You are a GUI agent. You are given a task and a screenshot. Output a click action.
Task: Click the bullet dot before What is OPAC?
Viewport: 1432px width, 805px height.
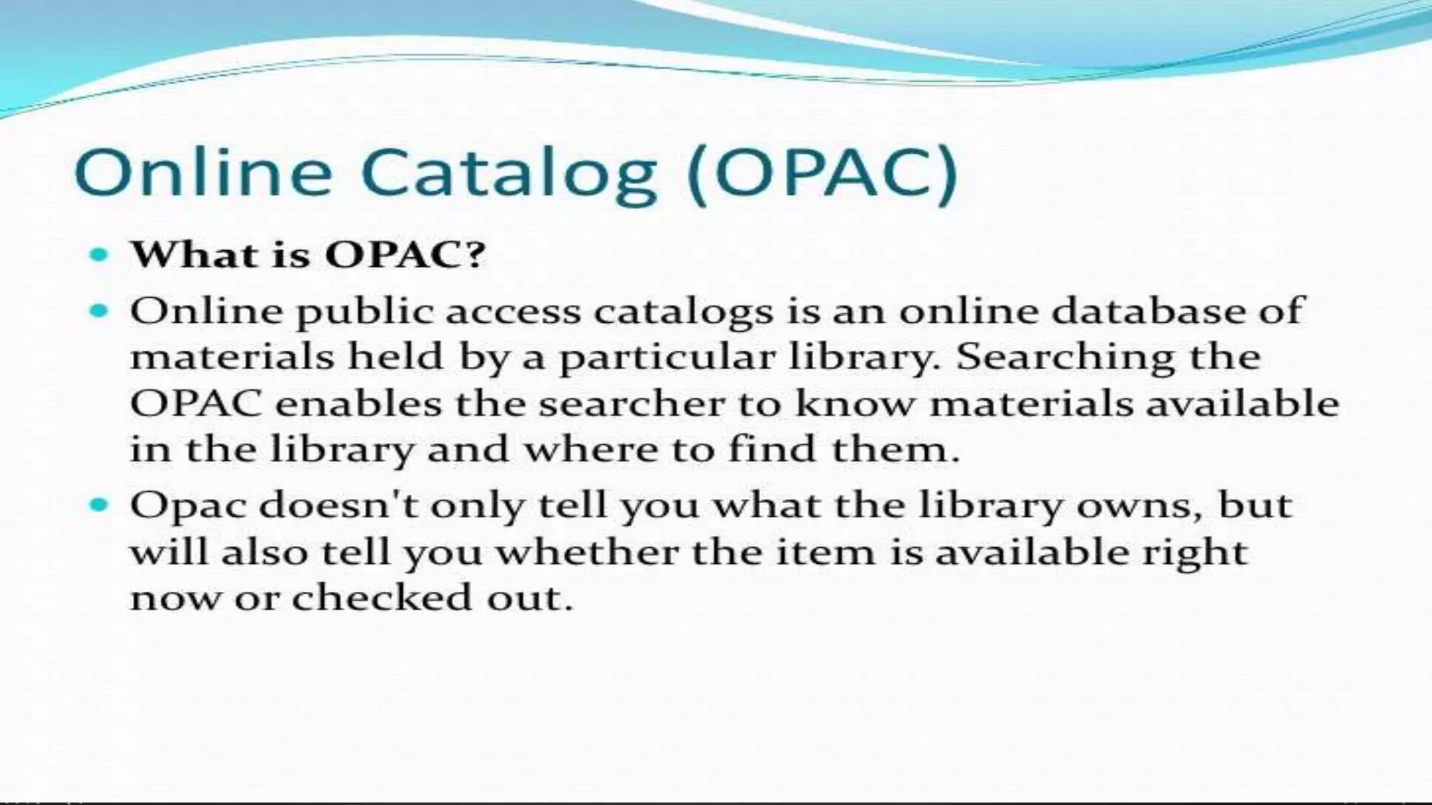coord(100,255)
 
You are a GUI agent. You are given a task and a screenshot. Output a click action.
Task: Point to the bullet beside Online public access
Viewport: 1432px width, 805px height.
coord(100,310)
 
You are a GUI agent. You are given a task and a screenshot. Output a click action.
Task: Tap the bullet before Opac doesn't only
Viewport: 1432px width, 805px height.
coord(100,504)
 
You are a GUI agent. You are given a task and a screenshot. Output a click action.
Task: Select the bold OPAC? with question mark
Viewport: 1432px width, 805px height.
coord(405,254)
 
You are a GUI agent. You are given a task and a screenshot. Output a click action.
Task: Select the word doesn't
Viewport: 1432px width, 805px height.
coord(338,505)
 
